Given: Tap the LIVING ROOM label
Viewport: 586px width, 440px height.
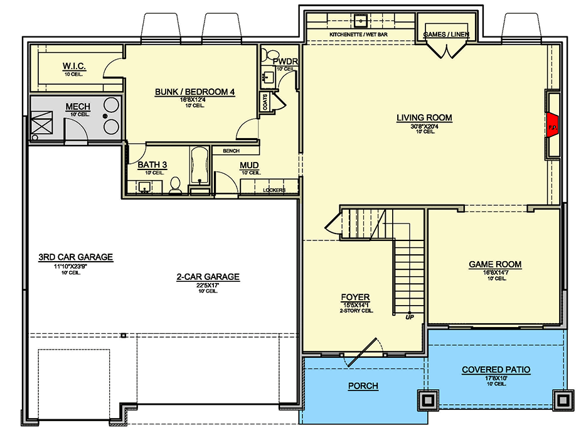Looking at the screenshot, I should (424, 117).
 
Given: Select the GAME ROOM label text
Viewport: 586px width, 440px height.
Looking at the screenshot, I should (495, 264).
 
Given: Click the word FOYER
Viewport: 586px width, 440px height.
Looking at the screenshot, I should (355, 297).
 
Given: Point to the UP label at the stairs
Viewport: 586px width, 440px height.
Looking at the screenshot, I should (410, 317).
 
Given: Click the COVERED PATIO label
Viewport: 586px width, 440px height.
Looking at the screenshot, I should (496, 370).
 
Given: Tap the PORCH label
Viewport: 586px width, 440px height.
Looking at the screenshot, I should (363, 386).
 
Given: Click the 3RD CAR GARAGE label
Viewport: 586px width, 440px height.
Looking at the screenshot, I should (75, 257).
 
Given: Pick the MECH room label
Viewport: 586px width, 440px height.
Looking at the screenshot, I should (78, 107).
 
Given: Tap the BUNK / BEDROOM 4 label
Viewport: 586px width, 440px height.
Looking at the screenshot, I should (194, 92).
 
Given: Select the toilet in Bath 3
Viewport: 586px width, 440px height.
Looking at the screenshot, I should (176, 185).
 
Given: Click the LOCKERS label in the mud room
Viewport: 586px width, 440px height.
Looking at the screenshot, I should (274, 190).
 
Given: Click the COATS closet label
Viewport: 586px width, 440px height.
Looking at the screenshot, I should (265, 103).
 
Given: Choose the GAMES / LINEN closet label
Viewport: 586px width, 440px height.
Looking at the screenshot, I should (446, 34).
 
